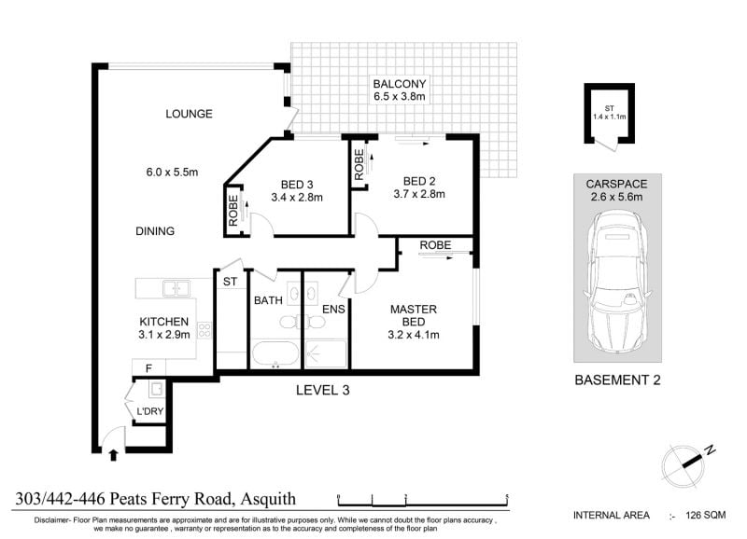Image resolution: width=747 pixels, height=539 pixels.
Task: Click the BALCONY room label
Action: (400, 84)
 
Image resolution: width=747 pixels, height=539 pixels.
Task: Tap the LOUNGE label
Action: (190, 114)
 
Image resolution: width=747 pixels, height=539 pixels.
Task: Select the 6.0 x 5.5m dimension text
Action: (172, 173)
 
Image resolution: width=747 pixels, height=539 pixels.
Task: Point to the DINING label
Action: (155, 231)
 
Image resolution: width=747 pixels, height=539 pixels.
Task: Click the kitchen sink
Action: (176, 288)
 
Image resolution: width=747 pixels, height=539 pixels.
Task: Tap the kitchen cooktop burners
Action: (204, 330)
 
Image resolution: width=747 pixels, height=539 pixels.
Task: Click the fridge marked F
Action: (148, 368)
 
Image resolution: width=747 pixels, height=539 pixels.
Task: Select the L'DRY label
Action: (150, 411)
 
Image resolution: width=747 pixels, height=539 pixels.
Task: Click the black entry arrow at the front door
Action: (113, 455)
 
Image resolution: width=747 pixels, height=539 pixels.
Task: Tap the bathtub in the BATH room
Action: (275, 354)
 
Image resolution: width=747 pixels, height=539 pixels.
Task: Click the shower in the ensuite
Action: (325, 353)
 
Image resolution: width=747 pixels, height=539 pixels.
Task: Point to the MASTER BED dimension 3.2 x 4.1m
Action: (414, 335)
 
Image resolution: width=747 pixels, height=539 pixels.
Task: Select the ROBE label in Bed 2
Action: (359, 165)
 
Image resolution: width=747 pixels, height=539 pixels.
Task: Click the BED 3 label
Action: (297, 185)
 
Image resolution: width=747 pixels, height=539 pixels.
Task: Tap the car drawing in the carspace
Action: (617, 283)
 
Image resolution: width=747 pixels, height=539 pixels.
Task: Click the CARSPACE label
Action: (616, 184)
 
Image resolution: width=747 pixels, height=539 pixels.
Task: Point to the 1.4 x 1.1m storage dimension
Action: (610, 117)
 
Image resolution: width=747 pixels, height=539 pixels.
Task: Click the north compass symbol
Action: (686, 464)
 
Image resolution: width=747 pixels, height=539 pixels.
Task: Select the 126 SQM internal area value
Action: (706, 515)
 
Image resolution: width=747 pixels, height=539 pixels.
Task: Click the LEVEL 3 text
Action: (322, 391)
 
